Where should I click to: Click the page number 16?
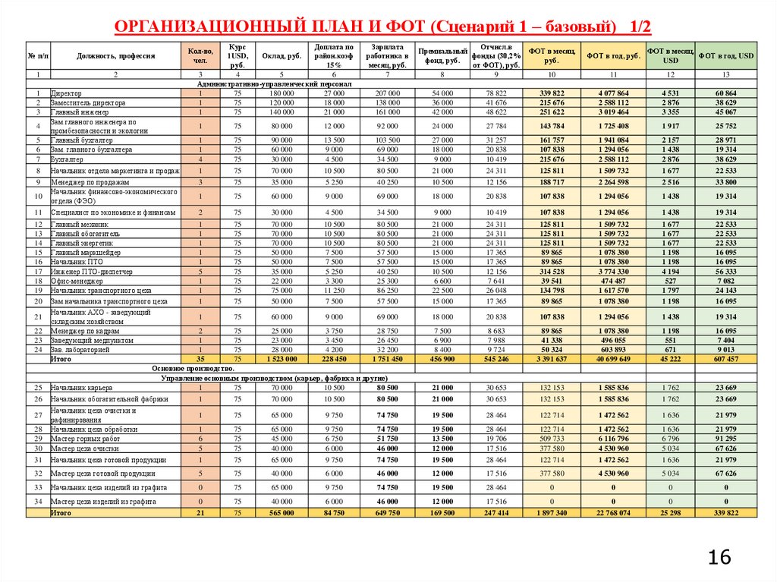(720, 558)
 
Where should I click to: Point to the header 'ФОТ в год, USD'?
(726, 56)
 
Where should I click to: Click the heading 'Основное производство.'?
(193, 368)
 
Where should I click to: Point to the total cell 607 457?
(726, 359)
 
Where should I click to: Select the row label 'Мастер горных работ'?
(86, 439)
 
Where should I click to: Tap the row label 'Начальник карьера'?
(82, 388)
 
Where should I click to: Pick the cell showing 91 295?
(726, 439)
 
